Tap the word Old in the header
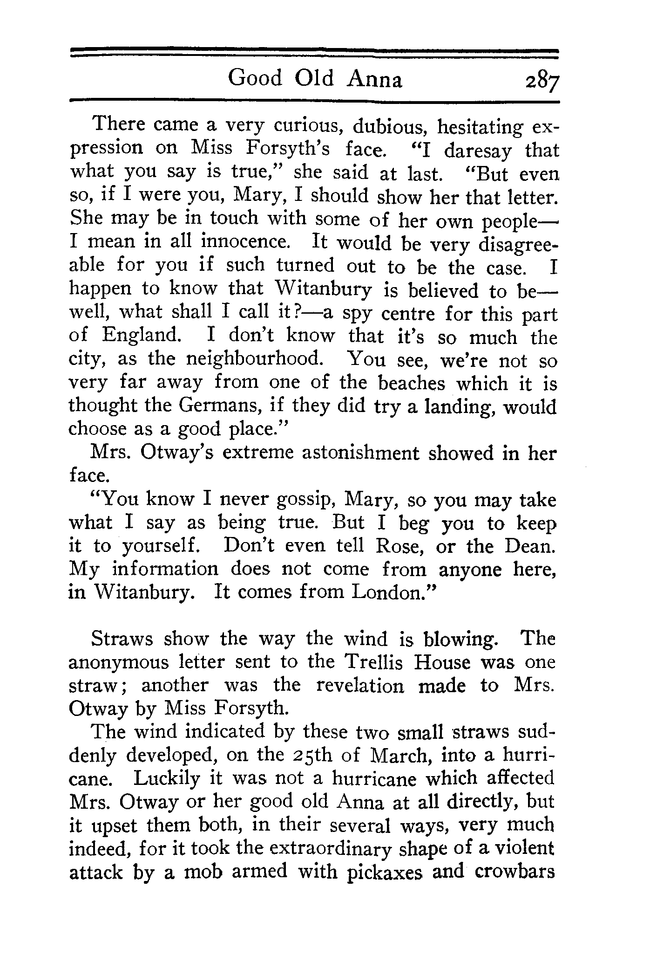pos(314,78)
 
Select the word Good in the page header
pos(255,78)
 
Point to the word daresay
pos(478,151)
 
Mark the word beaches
pos(411,383)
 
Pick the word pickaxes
pos(385,872)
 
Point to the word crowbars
pos(515,871)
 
